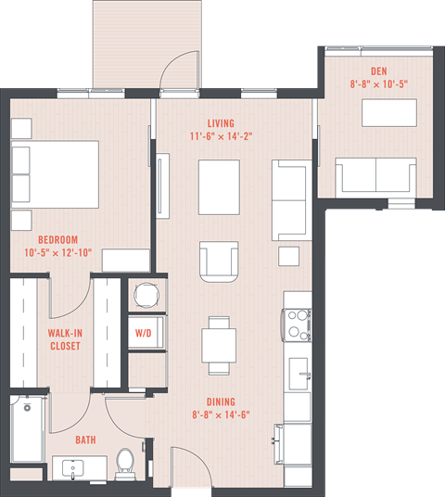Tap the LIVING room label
222,123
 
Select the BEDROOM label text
57,238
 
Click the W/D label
145,333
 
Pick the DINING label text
221,401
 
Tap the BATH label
88,440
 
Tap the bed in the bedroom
54,174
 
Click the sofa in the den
374,174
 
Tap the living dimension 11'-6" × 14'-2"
222,137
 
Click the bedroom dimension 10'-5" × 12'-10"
57,252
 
